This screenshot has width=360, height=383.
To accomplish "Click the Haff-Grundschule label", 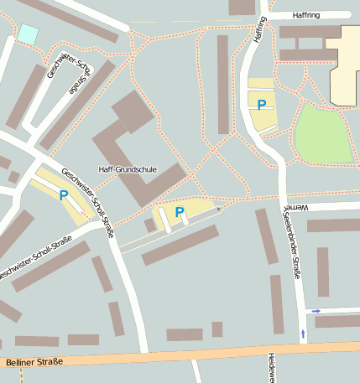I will tap(128, 168).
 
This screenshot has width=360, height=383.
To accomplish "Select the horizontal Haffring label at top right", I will tap(306, 15).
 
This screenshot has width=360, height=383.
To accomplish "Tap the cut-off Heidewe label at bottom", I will tap(271, 367).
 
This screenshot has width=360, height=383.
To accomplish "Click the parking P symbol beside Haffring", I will tap(262, 105).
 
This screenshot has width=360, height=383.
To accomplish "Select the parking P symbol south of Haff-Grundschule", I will tap(179, 212).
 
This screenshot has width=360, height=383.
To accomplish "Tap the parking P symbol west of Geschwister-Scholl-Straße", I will tap(64, 195).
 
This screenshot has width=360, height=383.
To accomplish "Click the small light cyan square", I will tap(29, 34).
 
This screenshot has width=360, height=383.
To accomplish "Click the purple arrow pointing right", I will tap(316, 311).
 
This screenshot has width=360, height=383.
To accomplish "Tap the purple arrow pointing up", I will tap(303, 334).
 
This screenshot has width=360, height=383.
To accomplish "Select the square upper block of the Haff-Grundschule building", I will tap(133, 111).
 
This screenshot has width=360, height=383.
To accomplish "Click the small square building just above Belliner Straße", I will tap(217, 329).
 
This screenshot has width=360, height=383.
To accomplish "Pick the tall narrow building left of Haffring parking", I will tap(223, 84).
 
